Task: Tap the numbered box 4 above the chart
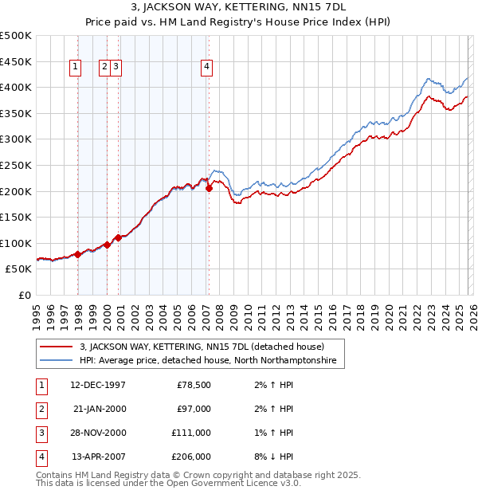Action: [x=206, y=68]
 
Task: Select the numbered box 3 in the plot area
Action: [x=116, y=68]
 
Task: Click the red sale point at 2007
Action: [x=209, y=189]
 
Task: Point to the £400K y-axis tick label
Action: [x=15, y=88]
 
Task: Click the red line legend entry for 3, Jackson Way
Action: [x=202, y=347]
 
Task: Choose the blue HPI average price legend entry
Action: [x=208, y=361]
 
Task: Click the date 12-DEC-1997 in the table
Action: [x=98, y=386]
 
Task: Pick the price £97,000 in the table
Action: [x=193, y=409]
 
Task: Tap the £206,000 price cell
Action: [x=192, y=457]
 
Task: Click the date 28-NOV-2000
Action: [x=98, y=433]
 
